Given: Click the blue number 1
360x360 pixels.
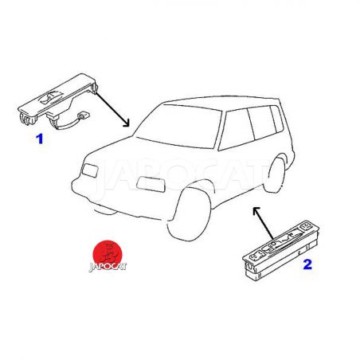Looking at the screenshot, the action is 39,139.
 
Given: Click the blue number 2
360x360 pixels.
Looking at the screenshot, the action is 307,264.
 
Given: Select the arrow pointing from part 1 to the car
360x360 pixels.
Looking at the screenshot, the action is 112,109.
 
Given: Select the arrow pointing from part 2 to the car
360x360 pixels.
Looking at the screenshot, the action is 263,223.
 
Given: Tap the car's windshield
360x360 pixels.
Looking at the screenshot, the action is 179,126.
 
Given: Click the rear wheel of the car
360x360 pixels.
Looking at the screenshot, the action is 274,174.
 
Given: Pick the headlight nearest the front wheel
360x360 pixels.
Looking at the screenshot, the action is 151,184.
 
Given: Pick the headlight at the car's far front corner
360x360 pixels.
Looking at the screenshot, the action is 90,170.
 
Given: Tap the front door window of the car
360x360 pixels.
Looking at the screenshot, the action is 237,129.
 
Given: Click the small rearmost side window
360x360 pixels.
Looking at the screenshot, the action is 277,119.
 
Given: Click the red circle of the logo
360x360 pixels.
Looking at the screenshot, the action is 107,253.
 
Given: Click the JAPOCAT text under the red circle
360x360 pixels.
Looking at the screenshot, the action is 108,267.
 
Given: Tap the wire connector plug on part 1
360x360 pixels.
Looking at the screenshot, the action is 84,115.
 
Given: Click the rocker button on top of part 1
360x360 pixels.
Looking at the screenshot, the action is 50,97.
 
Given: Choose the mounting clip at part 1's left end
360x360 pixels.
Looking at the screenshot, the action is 26,119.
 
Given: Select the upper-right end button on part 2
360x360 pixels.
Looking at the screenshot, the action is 306,226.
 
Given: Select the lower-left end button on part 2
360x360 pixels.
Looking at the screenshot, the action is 256,257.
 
